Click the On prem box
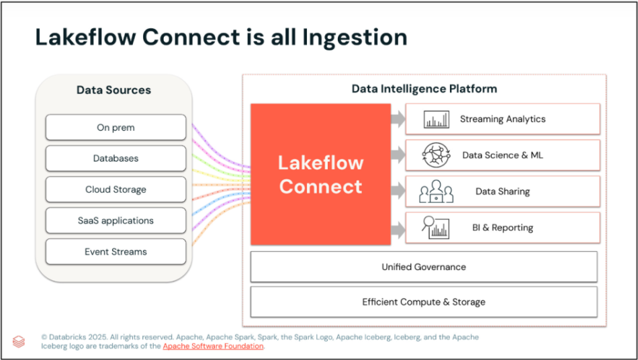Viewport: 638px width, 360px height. [116, 128]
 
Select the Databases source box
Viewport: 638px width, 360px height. [116, 159]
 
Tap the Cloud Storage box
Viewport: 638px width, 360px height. [116, 189]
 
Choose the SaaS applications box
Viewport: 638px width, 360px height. [116, 220]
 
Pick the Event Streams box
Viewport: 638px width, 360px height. [116, 252]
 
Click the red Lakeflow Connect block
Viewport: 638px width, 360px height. [320, 174]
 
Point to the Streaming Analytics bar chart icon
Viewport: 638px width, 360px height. [437, 120]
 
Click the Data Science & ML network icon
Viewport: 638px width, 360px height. [437, 155]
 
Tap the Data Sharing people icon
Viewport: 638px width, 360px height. [437, 191]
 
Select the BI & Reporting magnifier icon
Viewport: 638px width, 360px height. [436, 228]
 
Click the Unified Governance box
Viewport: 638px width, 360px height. [423, 267]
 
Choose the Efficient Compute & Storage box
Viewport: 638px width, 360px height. [423, 302]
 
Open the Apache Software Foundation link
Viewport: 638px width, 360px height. [213, 347]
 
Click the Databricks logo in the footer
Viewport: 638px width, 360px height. [19, 341]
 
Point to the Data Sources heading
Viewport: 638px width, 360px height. [113, 90]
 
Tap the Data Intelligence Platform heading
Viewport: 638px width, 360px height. [424, 89]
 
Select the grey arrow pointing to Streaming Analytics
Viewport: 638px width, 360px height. [398, 120]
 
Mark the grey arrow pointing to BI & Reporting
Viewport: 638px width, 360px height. [398, 228]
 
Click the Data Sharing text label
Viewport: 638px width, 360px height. [502, 191]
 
